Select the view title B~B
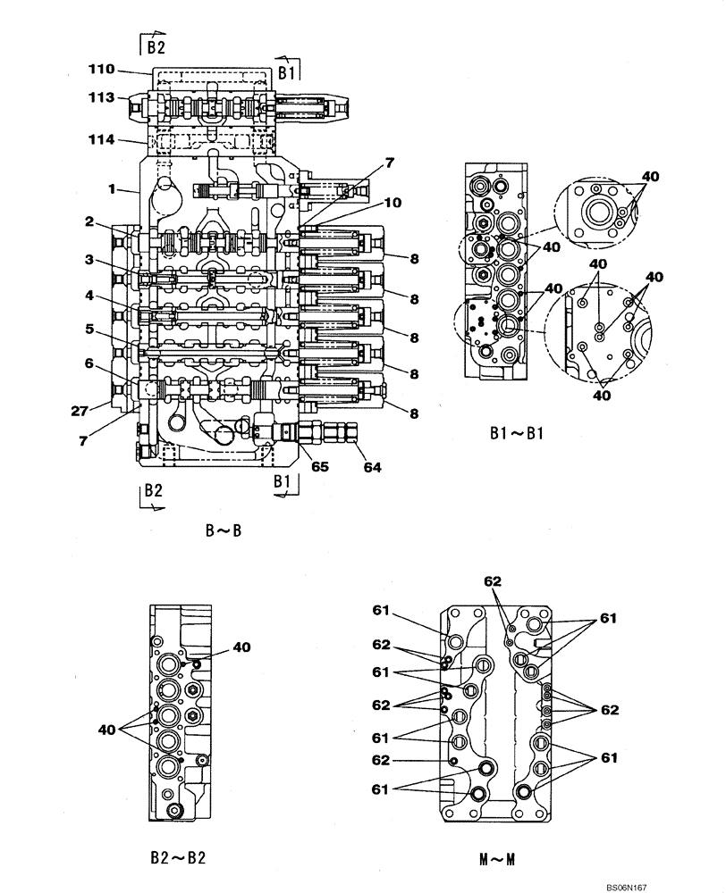pyautogui.click(x=224, y=530)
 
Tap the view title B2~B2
pyautogui.click(x=180, y=859)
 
